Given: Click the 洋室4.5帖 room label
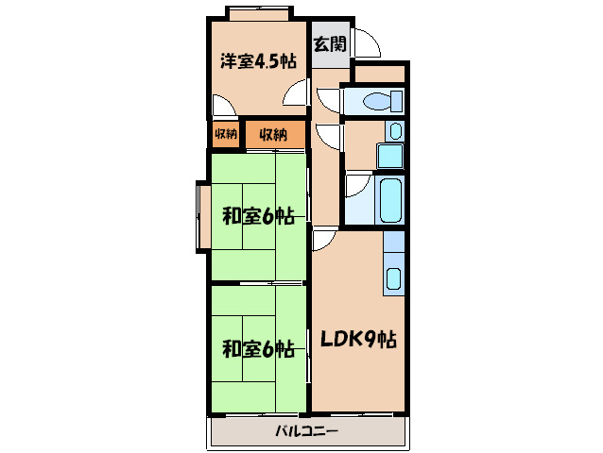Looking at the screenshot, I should coord(258,61).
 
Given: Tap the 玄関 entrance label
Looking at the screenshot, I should coord(330,43).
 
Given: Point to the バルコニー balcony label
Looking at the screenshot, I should coord(306,432).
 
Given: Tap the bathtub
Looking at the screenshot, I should coord(388,199).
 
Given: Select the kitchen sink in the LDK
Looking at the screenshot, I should coord(393,279).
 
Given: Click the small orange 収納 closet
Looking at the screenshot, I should coord(225,134).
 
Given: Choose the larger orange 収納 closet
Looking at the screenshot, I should coord(274,134).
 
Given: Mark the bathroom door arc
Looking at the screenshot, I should coord(357,185).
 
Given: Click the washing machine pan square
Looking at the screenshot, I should coord(389,155).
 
